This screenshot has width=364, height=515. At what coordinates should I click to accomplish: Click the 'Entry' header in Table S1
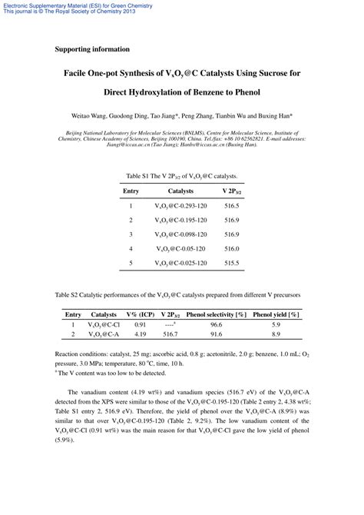(131, 191)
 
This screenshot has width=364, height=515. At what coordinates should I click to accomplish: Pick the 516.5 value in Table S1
(232, 206)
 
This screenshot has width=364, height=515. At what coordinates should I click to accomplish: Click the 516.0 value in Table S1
(232, 248)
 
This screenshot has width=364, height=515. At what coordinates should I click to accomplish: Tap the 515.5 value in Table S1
(232, 263)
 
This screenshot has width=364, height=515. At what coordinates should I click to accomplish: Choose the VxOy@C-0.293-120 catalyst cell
(181, 206)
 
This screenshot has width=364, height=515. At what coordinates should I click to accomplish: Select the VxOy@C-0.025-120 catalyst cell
(181, 263)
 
